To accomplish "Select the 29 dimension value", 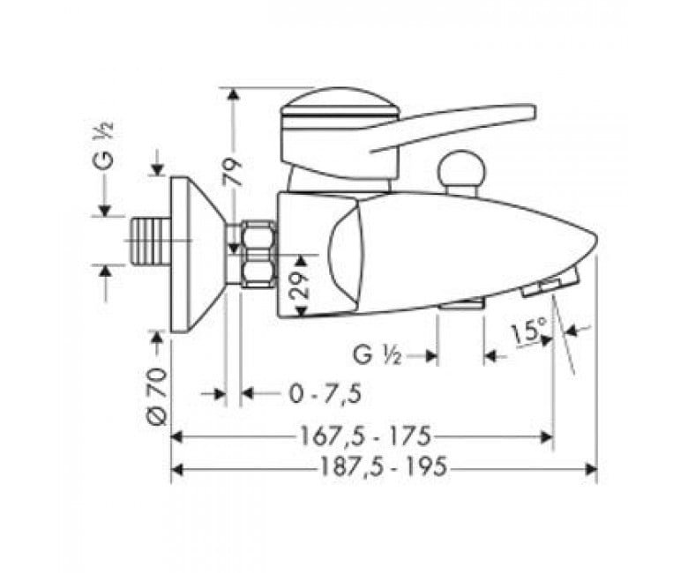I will pyautogui.click(x=300, y=284).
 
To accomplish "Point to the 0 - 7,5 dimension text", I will pyautogui.click(x=325, y=393).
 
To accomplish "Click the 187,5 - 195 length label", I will pyautogui.click(x=382, y=468).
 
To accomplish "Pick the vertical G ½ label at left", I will pyautogui.click(x=105, y=146).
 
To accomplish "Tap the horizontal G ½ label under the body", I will pyautogui.click(x=378, y=356).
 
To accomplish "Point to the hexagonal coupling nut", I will pyautogui.click(x=258, y=252).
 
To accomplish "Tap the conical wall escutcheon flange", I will pyautogui.click(x=196, y=254).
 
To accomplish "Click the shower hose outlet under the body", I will pyautogui.click(x=460, y=305).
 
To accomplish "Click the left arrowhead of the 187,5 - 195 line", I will pyautogui.click(x=176, y=469).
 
